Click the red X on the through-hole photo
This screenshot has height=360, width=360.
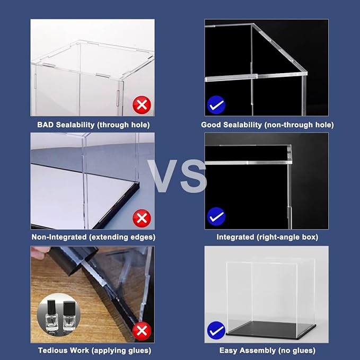[x=142, y=105]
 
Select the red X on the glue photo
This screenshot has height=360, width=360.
[x=142, y=331]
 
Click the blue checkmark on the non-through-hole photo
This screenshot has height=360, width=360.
[x=216, y=105]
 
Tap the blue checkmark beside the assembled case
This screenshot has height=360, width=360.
[x=216, y=331]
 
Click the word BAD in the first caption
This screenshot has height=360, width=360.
[x=46, y=125]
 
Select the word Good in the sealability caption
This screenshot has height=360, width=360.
[x=211, y=125]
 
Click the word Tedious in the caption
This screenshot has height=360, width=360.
[x=52, y=350]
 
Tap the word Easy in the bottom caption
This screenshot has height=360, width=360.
[x=229, y=350]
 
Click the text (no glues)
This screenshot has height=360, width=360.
[x=296, y=350]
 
